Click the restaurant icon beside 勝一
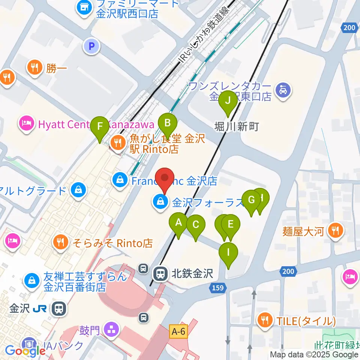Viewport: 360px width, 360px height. (35, 68)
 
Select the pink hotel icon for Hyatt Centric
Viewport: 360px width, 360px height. (27, 123)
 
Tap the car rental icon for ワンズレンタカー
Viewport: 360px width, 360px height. (283, 90)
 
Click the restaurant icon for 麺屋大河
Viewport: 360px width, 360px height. (335, 231)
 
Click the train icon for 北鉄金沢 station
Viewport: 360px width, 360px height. (160, 273)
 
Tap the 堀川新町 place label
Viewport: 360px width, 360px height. (237, 127)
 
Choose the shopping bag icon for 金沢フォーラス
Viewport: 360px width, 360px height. (160, 202)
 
